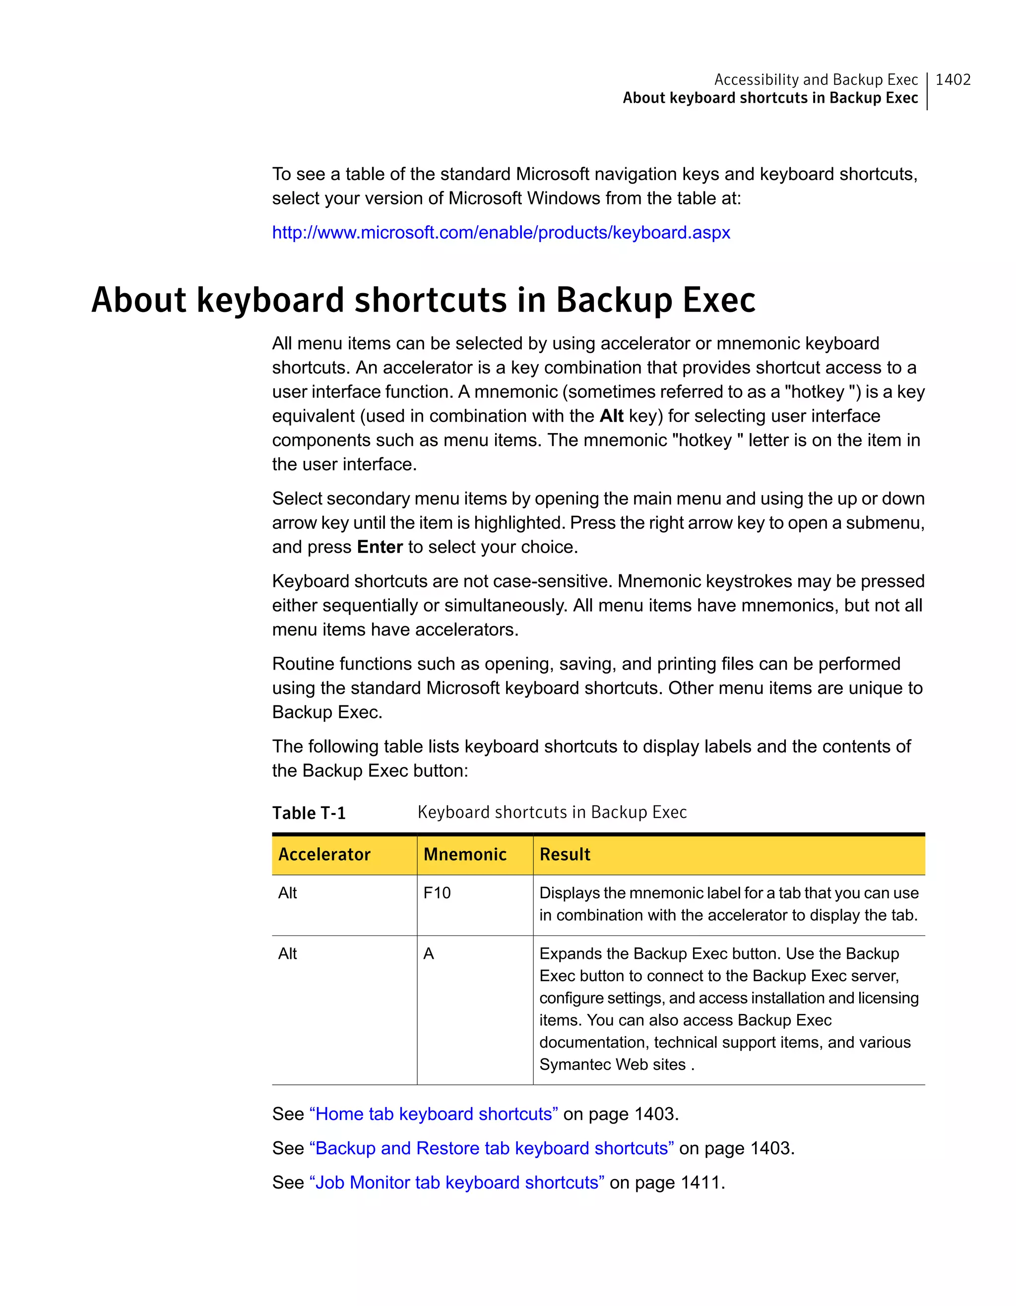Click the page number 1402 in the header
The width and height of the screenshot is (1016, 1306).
(x=952, y=79)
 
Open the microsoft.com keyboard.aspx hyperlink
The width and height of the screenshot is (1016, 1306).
(x=501, y=233)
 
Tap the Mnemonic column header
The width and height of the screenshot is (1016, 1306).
(x=465, y=855)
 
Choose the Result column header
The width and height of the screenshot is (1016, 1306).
(x=565, y=855)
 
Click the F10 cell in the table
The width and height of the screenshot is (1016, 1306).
(x=437, y=893)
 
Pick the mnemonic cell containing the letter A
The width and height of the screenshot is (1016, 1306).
(x=428, y=954)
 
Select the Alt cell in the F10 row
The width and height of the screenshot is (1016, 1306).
(x=287, y=893)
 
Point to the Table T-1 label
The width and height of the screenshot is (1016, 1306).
(x=309, y=813)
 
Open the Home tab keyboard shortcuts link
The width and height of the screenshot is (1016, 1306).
(x=434, y=1114)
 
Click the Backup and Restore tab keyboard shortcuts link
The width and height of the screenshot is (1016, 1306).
(x=492, y=1148)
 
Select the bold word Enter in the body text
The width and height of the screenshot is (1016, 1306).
(x=380, y=547)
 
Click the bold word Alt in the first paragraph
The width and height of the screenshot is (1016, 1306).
(x=611, y=416)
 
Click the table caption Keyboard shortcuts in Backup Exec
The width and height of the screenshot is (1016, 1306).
(x=552, y=812)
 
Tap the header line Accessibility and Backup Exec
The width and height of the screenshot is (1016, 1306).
(x=816, y=79)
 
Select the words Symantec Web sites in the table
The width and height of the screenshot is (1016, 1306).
(x=612, y=1064)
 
